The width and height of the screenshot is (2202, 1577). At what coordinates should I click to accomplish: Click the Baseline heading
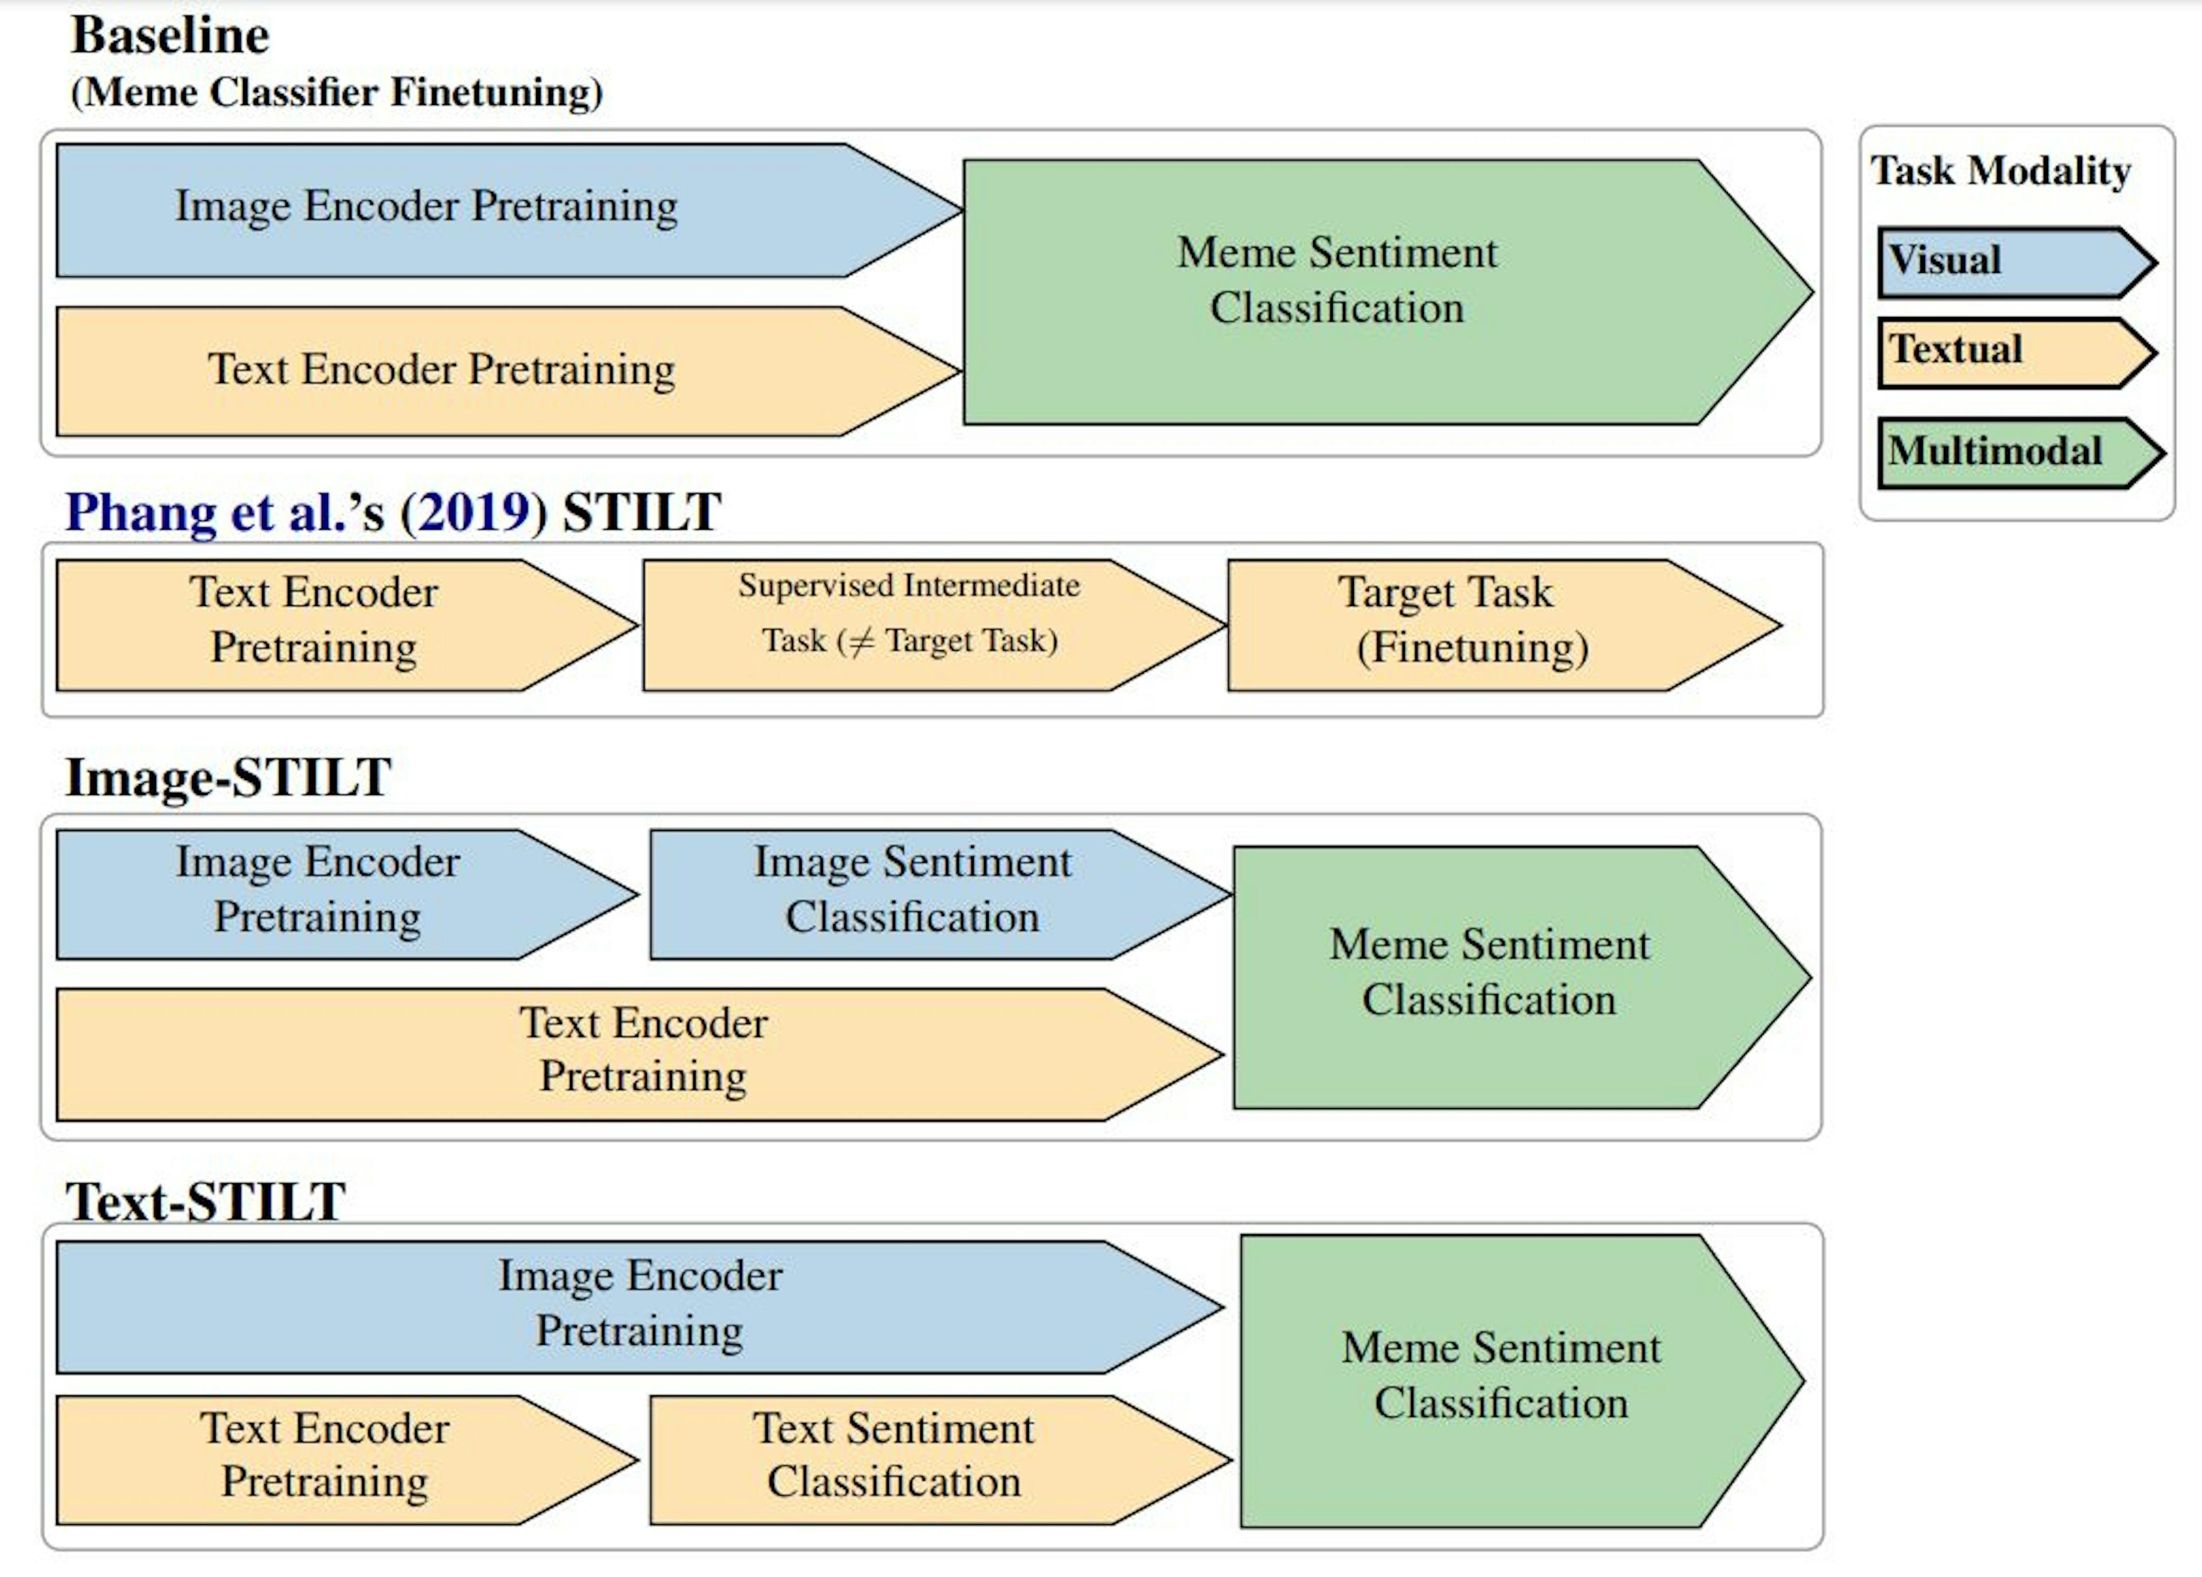170,37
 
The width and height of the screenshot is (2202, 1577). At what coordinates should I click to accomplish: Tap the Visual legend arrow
2010,262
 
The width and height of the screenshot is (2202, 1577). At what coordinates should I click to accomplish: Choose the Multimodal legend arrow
2014,452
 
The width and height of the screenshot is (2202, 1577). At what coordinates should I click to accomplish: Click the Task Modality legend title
2000,171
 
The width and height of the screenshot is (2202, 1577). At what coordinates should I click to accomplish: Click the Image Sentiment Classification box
913,893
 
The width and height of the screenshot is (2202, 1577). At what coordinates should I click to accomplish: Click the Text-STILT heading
206,1202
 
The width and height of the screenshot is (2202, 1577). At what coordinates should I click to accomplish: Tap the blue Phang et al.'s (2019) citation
306,512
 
